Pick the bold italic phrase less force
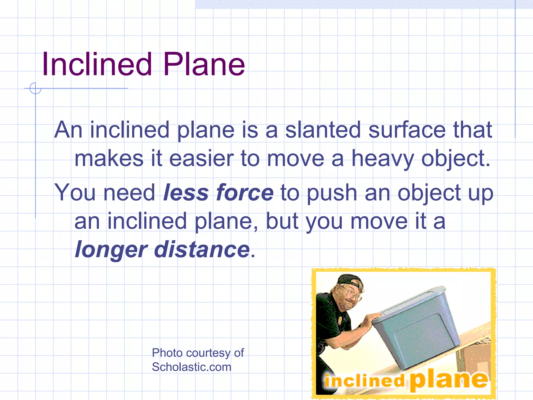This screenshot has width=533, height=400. tap(218, 193)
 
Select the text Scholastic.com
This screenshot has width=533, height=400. tap(192, 367)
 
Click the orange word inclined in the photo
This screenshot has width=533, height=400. tap(364, 381)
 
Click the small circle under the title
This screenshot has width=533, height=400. tap(35, 88)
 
